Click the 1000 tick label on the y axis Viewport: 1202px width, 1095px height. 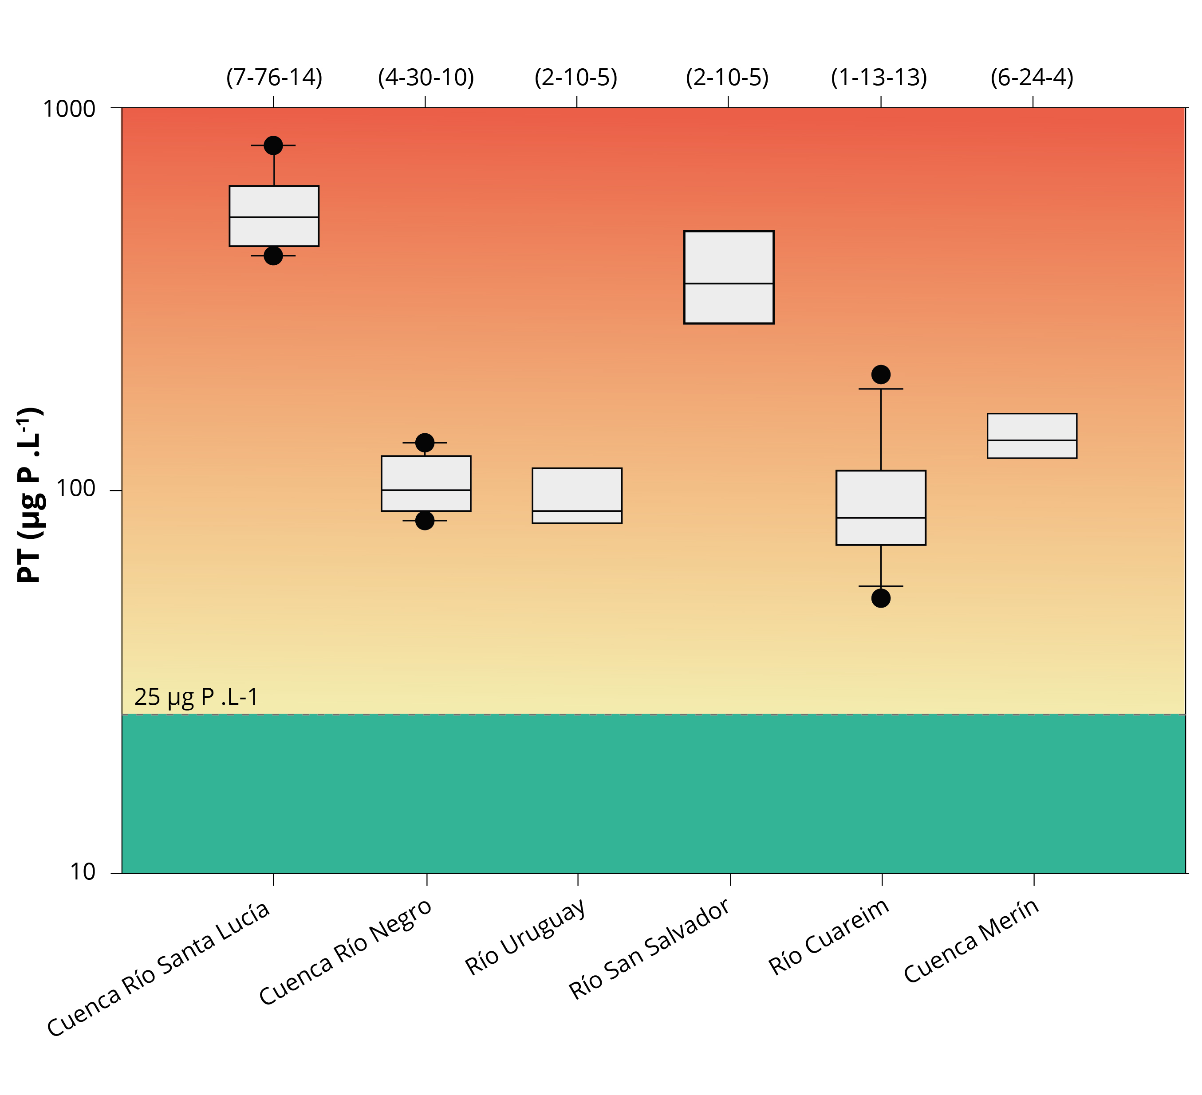pyautogui.click(x=69, y=109)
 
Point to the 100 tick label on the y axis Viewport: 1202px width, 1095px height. pyautogui.click(x=76, y=489)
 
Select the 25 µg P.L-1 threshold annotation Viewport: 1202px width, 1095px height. pyautogui.click(x=196, y=697)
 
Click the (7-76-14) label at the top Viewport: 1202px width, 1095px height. pyautogui.click(x=274, y=78)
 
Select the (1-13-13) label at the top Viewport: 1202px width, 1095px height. pyautogui.click(x=879, y=78)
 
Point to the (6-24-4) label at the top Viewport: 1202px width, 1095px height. pyautogui.click(x=1032, y=78)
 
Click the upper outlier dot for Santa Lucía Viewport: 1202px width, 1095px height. pyautogui.click(x=273, y=145)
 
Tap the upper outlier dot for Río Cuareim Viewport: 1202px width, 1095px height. pyautogui.click(x=881, y=374)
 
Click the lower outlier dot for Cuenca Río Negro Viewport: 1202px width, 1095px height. pyautogui.click(x=425, y=520)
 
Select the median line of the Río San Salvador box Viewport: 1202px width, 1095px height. pyautogui.click(x=729, y=284)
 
